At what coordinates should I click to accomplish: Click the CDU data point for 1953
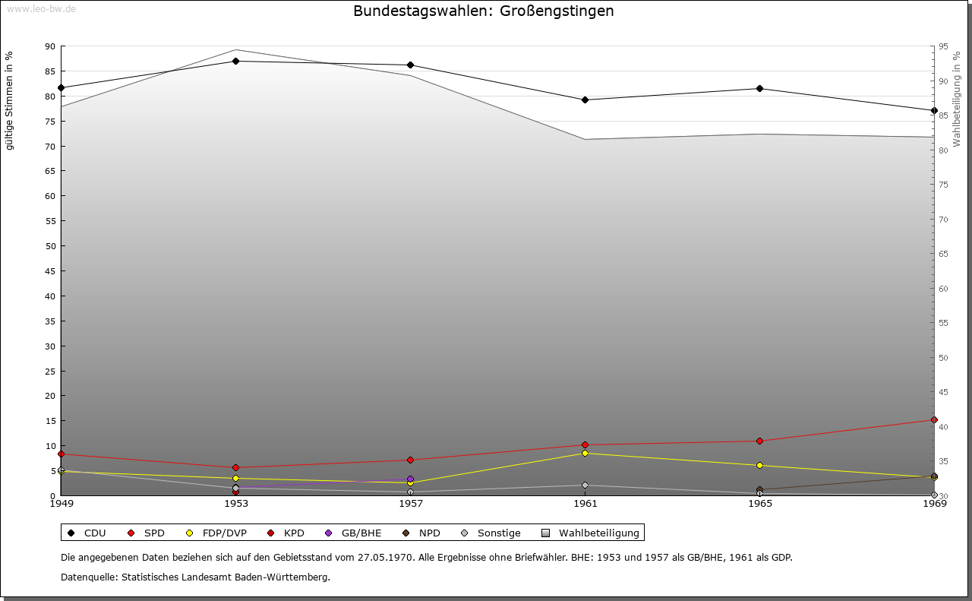(x=235, y=62)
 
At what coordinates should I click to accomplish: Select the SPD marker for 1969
(x=934, y=420)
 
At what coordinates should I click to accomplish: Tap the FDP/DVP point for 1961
(x=585, y=454)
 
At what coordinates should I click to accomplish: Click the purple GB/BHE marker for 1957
(x=411, y=479)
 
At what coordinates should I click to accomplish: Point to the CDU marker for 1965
(x=759, y=89)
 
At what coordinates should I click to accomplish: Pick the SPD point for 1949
(x=62, y=454)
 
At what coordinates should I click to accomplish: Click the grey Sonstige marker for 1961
(x=585, y=485)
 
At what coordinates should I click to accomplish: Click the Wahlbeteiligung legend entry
(x=591, y=533)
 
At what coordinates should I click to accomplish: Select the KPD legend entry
(x=286, y=533)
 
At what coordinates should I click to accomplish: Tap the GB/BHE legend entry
(x=353, y=533)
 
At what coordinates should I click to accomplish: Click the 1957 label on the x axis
(x=411, y=504)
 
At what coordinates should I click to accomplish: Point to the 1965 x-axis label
(x=760, y=504)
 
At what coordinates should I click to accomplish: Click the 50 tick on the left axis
(x=50, y=246)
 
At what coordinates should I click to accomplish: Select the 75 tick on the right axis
(x=943, y=185)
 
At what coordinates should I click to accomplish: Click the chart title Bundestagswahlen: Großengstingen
(x=484, y=11)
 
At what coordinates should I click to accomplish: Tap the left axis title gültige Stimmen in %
(x=9, y=101)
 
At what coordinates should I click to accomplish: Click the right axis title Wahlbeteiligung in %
(x=957, y=100)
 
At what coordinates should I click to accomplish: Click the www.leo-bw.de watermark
(x=41, y=9)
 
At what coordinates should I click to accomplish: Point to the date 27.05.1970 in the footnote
(x=385, y=557)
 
